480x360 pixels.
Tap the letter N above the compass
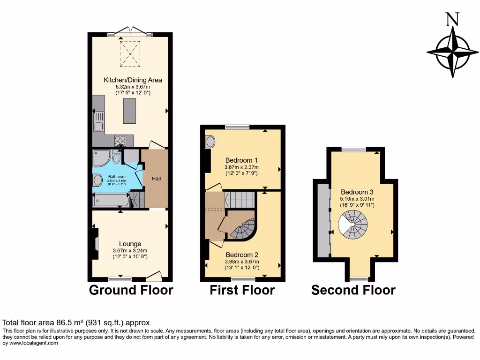[452, 19]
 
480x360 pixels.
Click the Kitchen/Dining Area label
[133, 80]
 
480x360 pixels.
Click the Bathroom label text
[117, 177]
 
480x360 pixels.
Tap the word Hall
[156, 179]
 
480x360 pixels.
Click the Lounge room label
[130, 244]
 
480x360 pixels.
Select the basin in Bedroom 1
[210, 141]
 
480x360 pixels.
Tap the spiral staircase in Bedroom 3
[354, 225]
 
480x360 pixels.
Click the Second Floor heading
[353, 290]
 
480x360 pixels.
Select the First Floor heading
[242, 290]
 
